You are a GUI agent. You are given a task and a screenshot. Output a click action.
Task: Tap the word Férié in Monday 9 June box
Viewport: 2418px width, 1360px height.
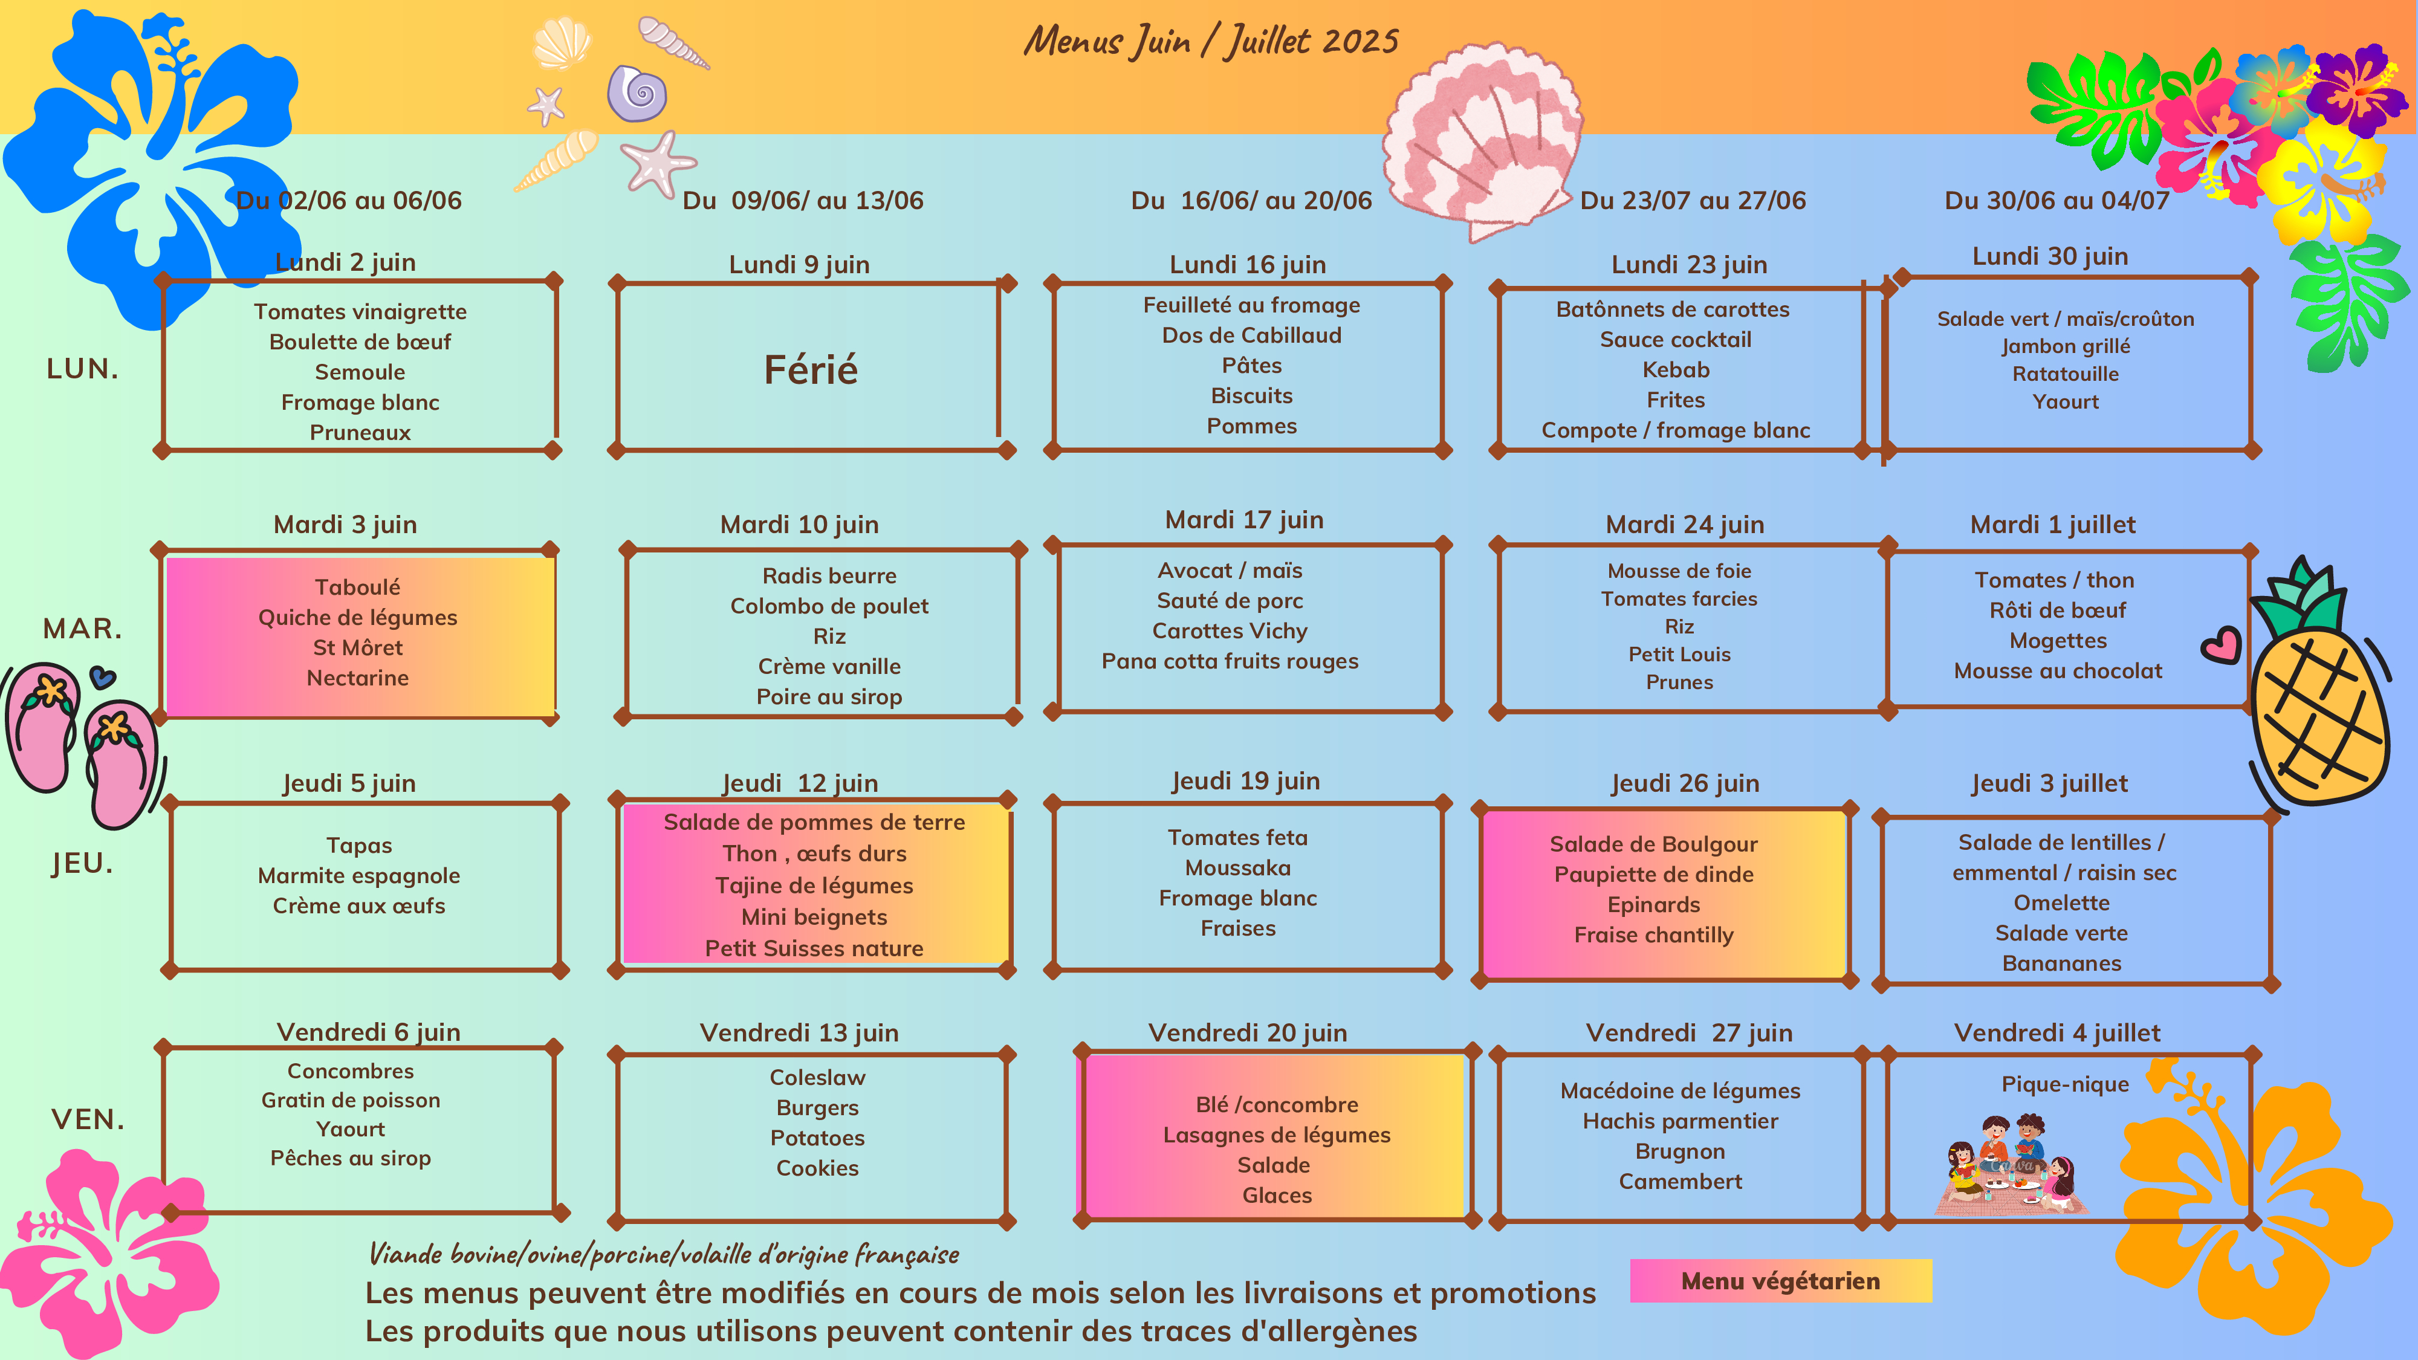coord(811,370)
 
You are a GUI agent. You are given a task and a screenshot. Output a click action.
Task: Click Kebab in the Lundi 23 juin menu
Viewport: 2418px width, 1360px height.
coord(1676,370)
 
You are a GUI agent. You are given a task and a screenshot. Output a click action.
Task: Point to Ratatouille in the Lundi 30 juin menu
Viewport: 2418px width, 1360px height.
coord(2065,374)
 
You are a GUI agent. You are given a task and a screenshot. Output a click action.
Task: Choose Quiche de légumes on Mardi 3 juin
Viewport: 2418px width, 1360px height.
coord(358,618)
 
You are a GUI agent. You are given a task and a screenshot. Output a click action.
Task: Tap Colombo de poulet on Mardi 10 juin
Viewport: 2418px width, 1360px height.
coord(829,606)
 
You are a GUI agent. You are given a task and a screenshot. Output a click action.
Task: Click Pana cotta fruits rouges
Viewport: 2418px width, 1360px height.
coord(1230,662)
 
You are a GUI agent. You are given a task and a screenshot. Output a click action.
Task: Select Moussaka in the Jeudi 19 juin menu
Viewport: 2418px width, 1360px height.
coord(1237,868)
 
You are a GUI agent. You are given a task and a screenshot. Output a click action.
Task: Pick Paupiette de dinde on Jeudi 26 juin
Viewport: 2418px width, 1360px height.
coord(1653,875)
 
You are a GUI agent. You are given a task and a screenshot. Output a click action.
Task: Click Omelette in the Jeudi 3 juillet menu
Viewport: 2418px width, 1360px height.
coord(2061,903)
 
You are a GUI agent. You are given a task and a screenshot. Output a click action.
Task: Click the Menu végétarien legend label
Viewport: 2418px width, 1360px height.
coord(1780,1281)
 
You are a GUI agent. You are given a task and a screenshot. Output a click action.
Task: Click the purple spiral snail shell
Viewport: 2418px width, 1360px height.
coord(637,93)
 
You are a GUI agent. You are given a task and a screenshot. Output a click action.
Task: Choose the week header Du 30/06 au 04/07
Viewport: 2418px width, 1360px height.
coord(2056,201)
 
